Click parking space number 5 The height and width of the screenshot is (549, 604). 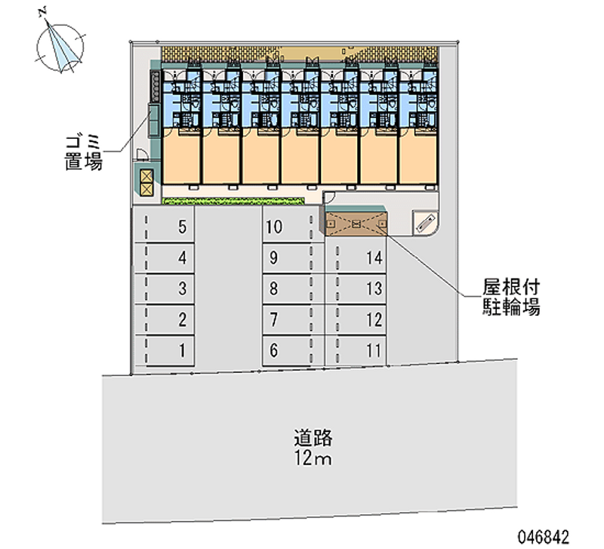tap(163, 227)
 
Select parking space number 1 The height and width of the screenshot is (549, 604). tap(163, 350)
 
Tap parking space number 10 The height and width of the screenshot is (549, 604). tap(293, 227)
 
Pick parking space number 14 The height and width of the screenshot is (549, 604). tap(356, 258)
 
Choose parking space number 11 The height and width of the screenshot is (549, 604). tap(356, 350)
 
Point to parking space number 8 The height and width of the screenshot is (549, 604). tap(293, 288)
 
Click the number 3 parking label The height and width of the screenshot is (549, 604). tap(182, 288)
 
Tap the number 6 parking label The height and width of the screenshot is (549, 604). tap(273, 350)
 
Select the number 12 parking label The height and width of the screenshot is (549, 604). tap(374, 319)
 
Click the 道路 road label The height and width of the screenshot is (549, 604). tap(313, 438)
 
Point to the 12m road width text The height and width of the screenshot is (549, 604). tap(313, 458)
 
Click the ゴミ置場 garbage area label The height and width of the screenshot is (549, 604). tap(84, 153)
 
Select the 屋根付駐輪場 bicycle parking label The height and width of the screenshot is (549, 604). tap(511, 297)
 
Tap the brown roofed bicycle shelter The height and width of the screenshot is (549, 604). tap(356, 224)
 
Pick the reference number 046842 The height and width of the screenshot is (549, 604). tap(543, 536)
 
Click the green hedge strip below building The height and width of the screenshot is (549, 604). tap(233, 201)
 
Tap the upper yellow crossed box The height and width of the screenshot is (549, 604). tap(147, 176)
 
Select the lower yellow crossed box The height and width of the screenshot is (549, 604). tap(147, 189)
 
